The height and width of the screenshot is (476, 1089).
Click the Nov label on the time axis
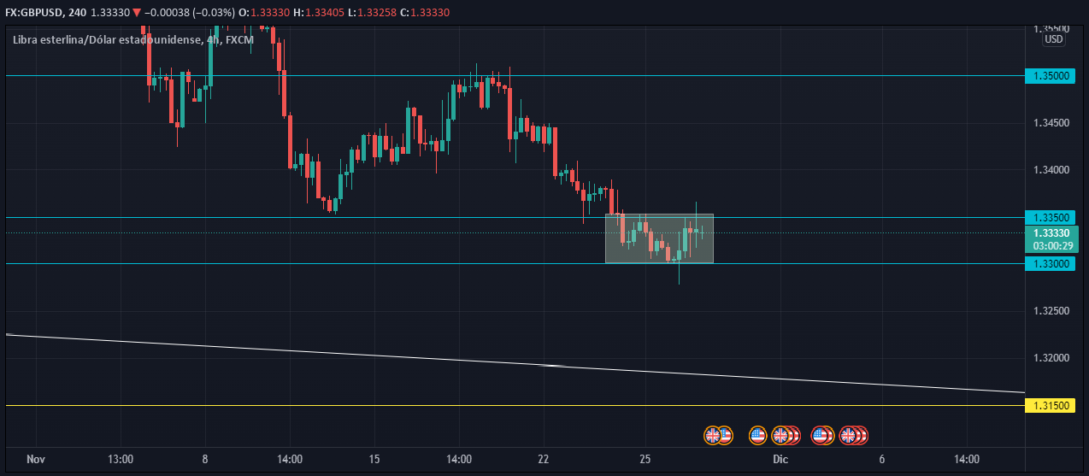pyautogui.click(x=35, y=460)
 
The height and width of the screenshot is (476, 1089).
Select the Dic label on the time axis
pyautogui.click(x=780, y=460)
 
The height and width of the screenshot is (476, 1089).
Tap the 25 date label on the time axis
pyautogui.click(x=645, y=460)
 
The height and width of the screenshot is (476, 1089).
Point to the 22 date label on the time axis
pyautogui.click(x=544, y=460)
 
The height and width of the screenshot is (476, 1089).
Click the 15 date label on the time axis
pyautogui.click(x=374, y=460)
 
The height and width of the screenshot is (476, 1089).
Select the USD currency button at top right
pyautogui.click(x=1053, y=38)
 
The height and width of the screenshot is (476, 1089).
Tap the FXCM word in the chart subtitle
pyautogui.click(x=239, y=39)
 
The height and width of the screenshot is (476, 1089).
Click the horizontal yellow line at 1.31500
pyautogui.click(x=513, y=406)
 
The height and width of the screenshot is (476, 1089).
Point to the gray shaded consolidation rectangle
pyautogui.click(x=659, y=238)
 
